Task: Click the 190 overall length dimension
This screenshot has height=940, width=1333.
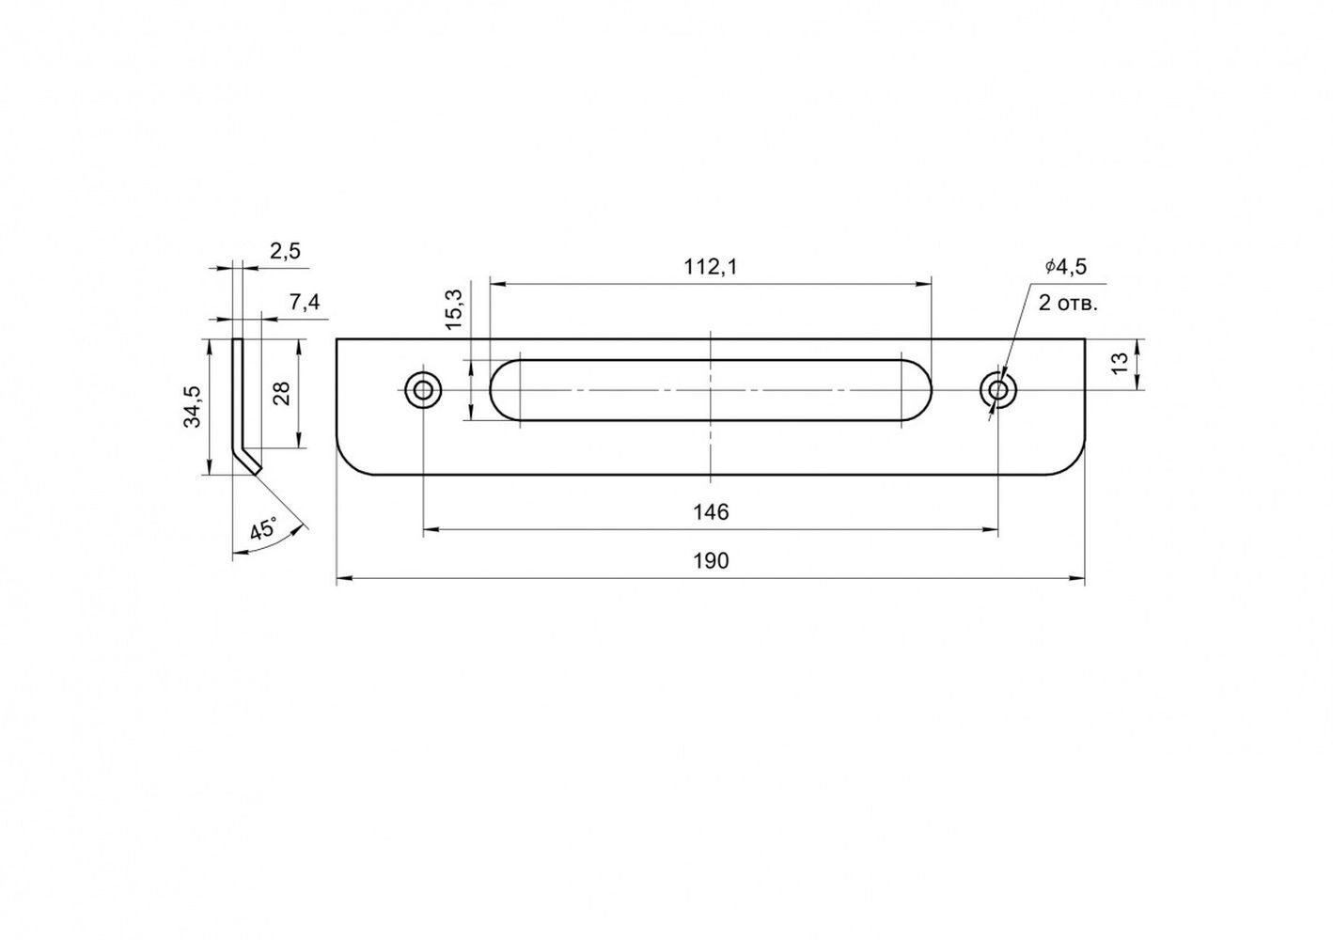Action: click(711, 561)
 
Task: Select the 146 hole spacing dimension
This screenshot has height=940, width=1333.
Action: click(711, 512)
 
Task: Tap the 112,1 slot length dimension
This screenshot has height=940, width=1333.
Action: click(711, 267)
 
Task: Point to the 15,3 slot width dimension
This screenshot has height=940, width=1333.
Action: click(454, 309)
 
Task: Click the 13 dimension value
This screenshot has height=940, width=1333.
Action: click(1120, 362)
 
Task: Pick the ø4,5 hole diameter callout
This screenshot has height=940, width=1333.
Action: click(1066, 267)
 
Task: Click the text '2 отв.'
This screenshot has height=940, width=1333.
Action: click(1068, 304)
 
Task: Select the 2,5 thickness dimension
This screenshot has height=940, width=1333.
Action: click(285, 252)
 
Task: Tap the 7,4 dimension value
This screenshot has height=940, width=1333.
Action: click(305, 303)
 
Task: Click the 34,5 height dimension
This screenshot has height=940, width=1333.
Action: click(192, 407)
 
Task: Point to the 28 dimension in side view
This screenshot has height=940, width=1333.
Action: click(281, 393)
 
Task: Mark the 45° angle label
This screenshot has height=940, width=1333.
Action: click(263, 529)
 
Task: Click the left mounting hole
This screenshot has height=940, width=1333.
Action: click(423, 390)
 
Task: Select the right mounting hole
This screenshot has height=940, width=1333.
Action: click(998, 390)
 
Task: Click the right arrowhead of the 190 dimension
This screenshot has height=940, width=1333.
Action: click(1078, 578)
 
